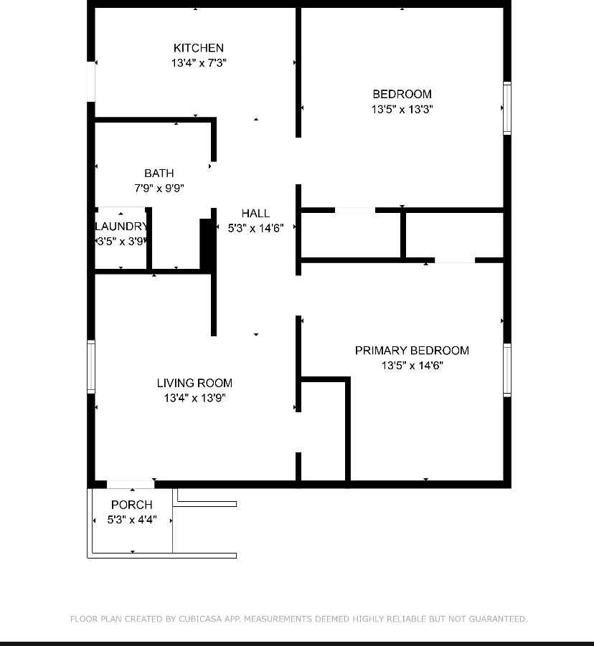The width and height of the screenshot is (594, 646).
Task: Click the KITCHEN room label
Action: point(198,48)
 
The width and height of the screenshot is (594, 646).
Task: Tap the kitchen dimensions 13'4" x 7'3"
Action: point(199,63)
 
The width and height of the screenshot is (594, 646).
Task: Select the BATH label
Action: point(159,173)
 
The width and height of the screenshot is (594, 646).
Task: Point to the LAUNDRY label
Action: point(121,226)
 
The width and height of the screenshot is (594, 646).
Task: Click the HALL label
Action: point(255,214)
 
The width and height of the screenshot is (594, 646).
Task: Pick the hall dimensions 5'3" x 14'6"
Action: point(255,228)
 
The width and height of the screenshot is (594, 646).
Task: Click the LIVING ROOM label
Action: point(194,383)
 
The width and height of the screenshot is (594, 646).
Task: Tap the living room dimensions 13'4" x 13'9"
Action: point(194,398)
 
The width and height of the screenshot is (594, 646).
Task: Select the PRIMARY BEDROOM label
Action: point(412,351)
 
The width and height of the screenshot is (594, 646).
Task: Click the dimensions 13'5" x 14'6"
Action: point(412,366)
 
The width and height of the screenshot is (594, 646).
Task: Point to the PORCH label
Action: point(132,505)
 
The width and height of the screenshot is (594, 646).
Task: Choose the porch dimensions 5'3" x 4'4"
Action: point(132,520)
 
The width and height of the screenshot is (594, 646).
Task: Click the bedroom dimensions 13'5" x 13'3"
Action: point(402,109)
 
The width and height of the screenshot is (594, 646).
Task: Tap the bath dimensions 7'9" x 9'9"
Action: point(159,189)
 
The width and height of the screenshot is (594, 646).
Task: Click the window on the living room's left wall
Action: point(91,366)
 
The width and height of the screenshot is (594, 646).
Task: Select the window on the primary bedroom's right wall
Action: point(507,370)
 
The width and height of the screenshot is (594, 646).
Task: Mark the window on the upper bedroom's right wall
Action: point(507,108)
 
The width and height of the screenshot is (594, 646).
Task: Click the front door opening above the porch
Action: point(131,485)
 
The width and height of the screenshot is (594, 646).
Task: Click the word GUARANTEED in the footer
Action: point(498,619)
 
